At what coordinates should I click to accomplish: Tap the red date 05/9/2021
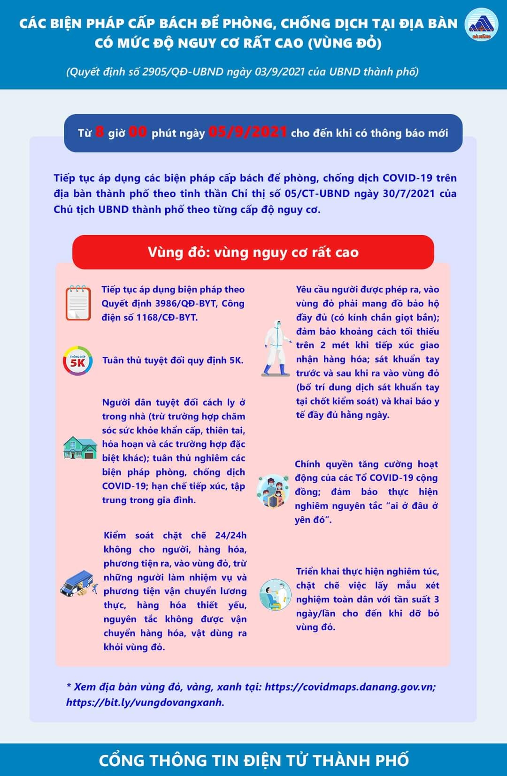247,132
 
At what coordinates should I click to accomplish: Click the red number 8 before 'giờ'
100,132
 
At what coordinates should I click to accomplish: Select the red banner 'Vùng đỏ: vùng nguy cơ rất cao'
253,252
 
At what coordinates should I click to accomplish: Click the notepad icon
78,303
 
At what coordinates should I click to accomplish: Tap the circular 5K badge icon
77,361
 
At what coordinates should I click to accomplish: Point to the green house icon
80,448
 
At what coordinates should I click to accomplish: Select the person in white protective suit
276,348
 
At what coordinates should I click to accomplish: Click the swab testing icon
276,594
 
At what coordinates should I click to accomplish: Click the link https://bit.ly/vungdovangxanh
145,702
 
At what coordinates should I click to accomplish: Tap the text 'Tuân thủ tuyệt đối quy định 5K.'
173,361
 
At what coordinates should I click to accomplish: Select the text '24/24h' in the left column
230,535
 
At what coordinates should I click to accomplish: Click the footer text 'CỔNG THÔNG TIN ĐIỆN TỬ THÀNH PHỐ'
253,760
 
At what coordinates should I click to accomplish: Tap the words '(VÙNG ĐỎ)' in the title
345,43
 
